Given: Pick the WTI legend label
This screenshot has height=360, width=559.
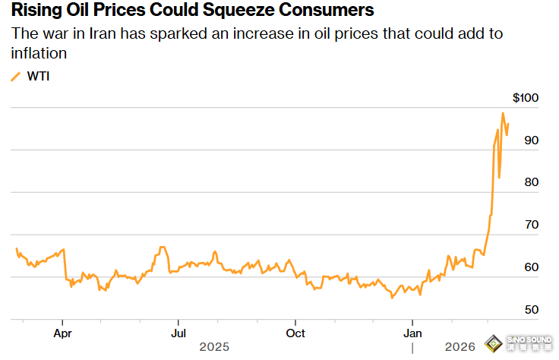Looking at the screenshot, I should point(38,76).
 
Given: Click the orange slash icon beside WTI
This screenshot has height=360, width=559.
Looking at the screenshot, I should point(16,76).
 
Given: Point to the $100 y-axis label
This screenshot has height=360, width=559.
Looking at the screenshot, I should point(526,98).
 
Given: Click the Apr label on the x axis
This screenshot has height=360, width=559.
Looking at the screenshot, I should point(63,333).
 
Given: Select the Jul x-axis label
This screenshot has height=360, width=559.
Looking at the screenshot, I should point(178,333).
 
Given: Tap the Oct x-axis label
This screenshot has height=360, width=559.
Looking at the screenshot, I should point(295,333).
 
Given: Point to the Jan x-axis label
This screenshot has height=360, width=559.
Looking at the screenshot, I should point(412,333).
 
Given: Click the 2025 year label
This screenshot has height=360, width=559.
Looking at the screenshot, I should point(214,347).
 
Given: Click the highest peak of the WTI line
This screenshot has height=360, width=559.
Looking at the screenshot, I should point(503,113).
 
